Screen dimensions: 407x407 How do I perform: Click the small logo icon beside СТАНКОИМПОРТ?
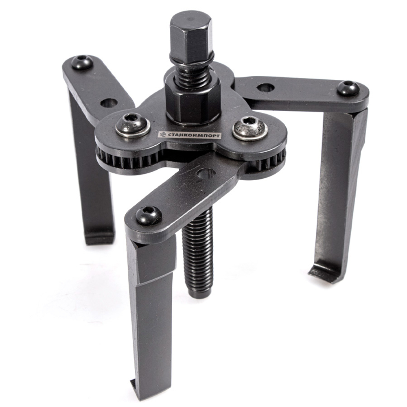pos(162,135)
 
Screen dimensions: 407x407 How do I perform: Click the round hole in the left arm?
pos(107,103)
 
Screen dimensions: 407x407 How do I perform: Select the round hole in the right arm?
pos(265,88)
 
